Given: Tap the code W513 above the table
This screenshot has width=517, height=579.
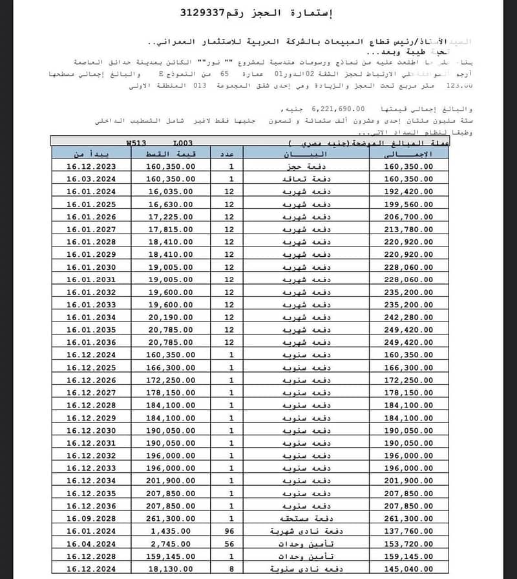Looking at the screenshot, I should click(138, 142).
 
